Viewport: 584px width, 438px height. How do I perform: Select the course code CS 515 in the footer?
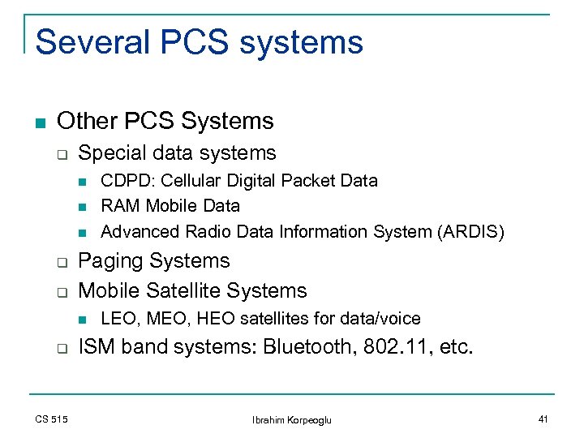point(52,419)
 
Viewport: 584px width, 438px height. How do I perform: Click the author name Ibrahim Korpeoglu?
point(292,419)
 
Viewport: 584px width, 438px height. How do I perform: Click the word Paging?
point(110,262)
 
